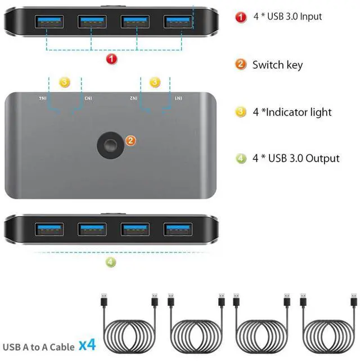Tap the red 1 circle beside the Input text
pos(241,16)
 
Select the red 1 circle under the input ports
pos(111,57)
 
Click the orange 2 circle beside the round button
pos(130,140)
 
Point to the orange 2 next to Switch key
pos(241,64)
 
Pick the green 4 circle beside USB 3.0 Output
pos(241,158)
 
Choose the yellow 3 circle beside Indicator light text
pos(241,112)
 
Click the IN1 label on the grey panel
pos(178,99)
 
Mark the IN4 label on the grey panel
pos(42,99)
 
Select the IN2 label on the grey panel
pos(133,99)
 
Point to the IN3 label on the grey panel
pos(88,99)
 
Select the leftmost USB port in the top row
pos(48,22)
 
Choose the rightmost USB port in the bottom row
pos(178,229)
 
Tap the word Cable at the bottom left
pos(61,346)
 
